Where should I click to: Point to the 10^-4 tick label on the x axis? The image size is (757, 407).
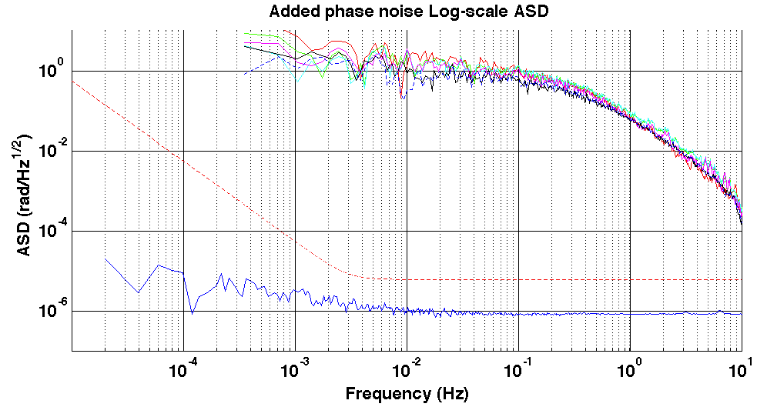(183, 369)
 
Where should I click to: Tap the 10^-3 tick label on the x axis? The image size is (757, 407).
(294, 369)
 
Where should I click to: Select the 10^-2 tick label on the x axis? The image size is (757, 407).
(406, 369)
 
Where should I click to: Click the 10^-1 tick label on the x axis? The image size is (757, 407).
(518, 369)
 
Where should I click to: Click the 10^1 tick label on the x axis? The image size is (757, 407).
(741, 369)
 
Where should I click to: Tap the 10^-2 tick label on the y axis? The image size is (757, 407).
(53, 151)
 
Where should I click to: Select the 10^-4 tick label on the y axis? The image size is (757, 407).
(53, 231)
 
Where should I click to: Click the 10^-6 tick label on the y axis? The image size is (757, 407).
(53, 311)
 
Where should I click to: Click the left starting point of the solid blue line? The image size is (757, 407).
(106, 259)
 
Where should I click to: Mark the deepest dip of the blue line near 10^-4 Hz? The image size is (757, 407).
(192, 313)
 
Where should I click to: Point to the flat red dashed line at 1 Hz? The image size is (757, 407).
(630, 279)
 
